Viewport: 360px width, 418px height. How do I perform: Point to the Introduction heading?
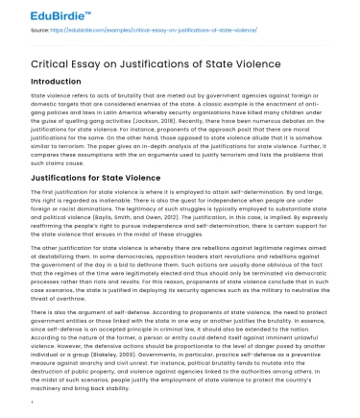pyautogui.click(x=49, y=83)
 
